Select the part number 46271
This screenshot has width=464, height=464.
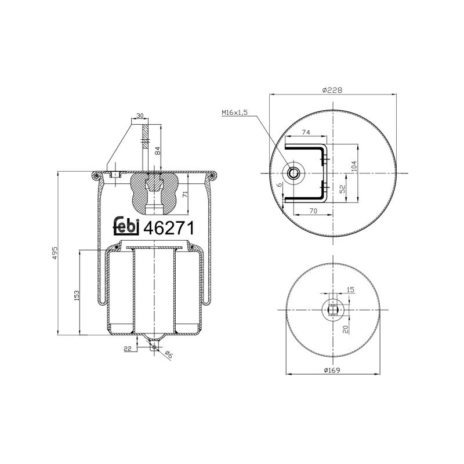click(x=168, y=226)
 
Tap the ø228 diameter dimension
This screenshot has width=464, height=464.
click(x=331, y=90)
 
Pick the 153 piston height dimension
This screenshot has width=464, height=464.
click(x=76, y=295)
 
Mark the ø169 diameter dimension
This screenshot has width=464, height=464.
click(x=331, y=371)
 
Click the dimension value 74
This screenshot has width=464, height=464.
click(x=306, y=133)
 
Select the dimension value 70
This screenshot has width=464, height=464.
click(x=313, y=212)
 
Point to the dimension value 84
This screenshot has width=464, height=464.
click(x=157, y=150)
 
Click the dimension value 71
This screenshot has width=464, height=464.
click(x=184, y=194)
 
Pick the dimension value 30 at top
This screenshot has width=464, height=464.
click(x=140, y=116)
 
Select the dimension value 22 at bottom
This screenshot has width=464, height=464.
click(x=128, y=348)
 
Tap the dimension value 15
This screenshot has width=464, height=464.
click(x=350, y=289)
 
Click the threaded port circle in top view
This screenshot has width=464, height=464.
click(x=293, y=173)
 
